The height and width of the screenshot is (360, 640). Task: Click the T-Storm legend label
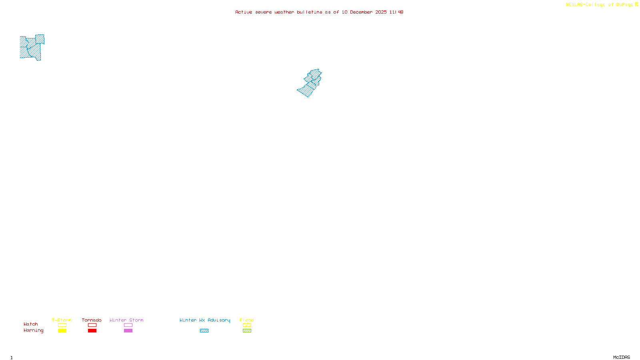pos(62,320)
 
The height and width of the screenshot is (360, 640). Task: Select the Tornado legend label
pos(92,320)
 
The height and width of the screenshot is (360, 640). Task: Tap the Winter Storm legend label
pos(126,320)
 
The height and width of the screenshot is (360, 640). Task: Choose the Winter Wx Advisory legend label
pos(205,320)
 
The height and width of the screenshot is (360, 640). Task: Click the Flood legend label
pos(247,320)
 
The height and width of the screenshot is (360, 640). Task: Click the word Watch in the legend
pos(31,324)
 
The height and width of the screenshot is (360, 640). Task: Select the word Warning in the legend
pos(34,330)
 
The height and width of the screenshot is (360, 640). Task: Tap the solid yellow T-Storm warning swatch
pos(62,331)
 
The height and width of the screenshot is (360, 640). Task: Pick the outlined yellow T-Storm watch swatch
pos(62,325)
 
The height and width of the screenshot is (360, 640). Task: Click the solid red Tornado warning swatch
pos(92,331)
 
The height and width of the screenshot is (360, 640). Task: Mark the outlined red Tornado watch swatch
pos(92,325)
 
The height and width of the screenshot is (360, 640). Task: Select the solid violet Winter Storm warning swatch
pos(128,331)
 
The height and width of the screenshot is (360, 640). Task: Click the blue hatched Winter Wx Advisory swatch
pos(204,331)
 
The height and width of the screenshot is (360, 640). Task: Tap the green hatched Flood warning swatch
pos(247,331)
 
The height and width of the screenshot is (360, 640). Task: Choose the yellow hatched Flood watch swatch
pos(247,325)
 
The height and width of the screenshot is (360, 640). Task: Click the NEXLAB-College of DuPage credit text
pos(600,5)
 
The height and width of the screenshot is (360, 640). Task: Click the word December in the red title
pos(361,12)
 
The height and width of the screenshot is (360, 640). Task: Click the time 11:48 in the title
pos(396,12)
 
